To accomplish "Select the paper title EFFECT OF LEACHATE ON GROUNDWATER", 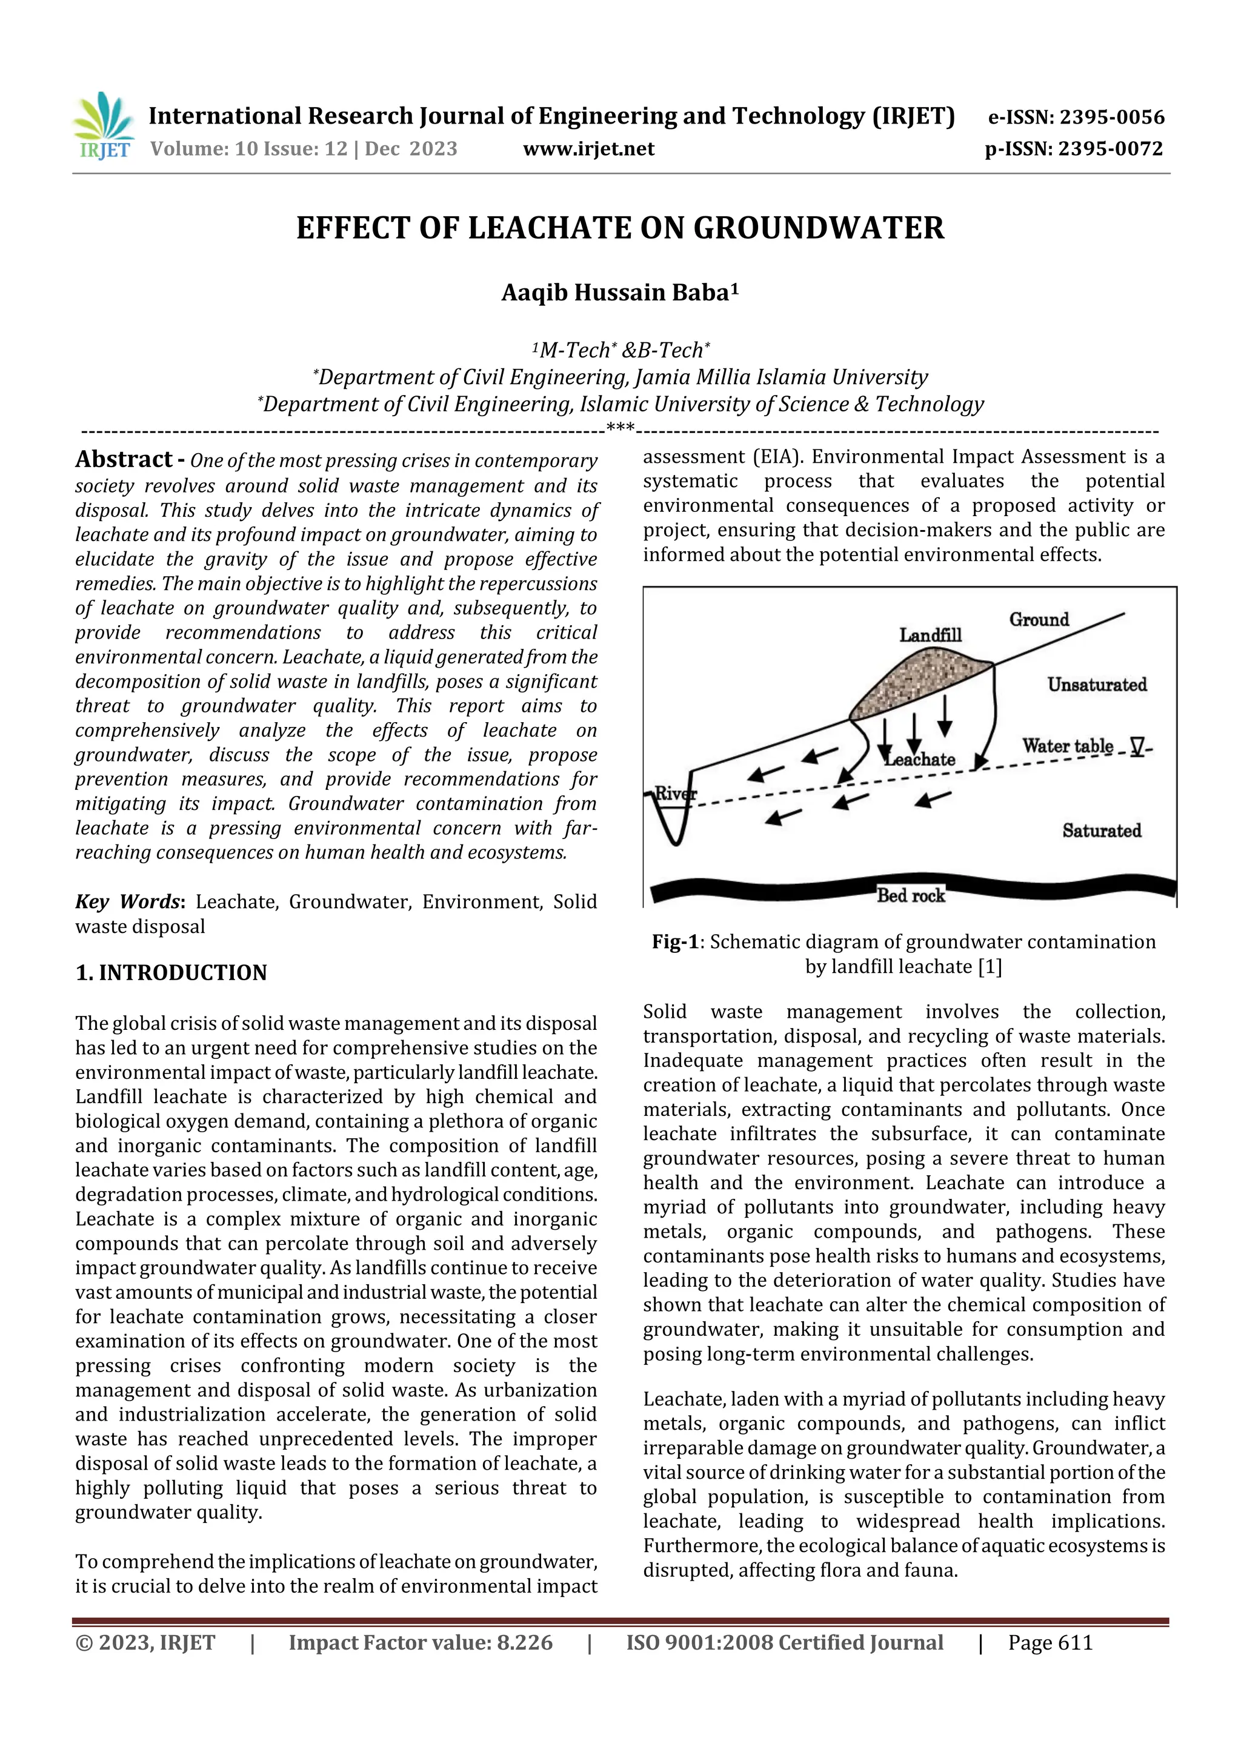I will coord(620,228).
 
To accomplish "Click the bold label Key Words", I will coord(127,902).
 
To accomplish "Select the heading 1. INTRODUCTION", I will coord(171,973).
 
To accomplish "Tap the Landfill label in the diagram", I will coord(930,635).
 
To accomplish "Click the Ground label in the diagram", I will coord(1039,620).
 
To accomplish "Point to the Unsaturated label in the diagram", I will coord(1097,685).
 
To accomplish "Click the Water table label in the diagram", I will coord(1068,746).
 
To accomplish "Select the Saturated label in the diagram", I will coord(1101,831).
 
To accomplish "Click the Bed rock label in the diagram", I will coord(910,896).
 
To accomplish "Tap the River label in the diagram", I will coord(674,794).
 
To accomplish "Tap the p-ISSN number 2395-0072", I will coord(1110,149).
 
